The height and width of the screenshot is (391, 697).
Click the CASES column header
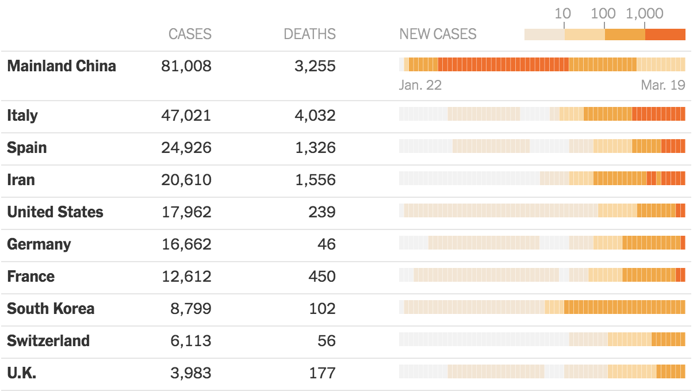190,34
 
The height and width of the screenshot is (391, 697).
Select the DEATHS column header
309,34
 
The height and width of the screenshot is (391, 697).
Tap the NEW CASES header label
438,34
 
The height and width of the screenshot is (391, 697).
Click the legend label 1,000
645,13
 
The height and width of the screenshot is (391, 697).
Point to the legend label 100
603,13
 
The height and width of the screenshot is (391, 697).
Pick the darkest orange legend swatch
665,34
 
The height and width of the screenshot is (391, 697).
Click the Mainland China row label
62,66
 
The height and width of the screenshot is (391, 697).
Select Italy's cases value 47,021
186,116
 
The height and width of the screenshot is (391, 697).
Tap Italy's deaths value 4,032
315,116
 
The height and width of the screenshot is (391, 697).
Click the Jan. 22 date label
420,85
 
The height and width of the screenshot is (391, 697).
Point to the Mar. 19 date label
663,85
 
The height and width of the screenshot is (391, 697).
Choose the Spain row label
27,148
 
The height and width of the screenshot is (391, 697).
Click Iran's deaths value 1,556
315,180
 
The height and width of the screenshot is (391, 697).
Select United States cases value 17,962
186,212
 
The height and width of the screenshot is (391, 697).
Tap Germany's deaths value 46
326,244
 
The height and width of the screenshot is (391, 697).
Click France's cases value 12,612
186,277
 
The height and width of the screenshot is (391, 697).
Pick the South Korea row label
51,309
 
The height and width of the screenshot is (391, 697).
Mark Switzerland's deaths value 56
326,341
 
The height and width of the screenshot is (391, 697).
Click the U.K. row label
22,373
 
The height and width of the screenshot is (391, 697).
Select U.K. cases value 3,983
190,373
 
